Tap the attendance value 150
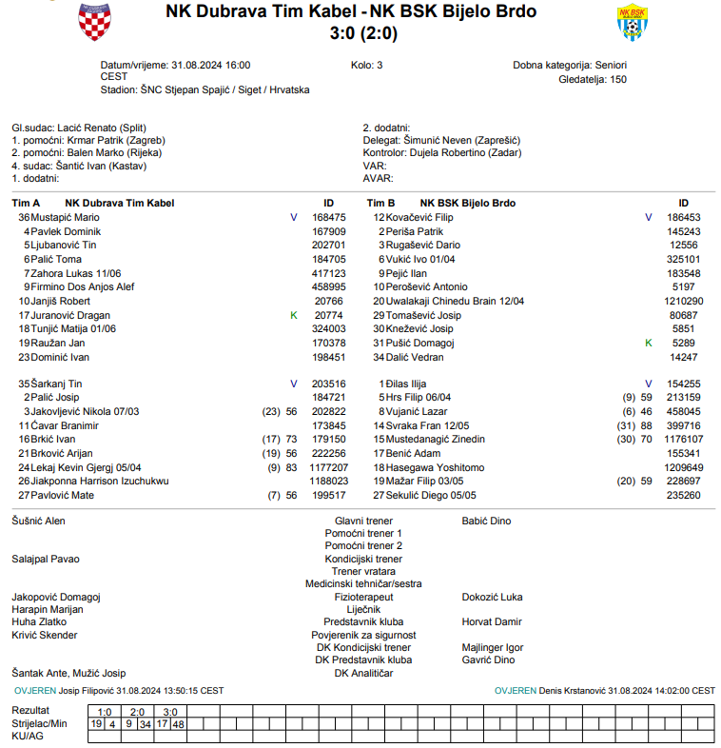(617, 79)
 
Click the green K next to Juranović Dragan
(294, 315)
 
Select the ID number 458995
(329, 286)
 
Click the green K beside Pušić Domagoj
(649, 343)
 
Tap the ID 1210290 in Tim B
(683, 301)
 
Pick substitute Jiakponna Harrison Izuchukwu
(100, 482)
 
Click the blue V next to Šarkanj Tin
(294, 384)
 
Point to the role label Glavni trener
(362, 522)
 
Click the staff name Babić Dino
(486, 522)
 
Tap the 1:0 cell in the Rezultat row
(105, 712)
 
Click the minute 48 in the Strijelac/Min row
(178, 724)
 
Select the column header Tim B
(380, 203)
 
